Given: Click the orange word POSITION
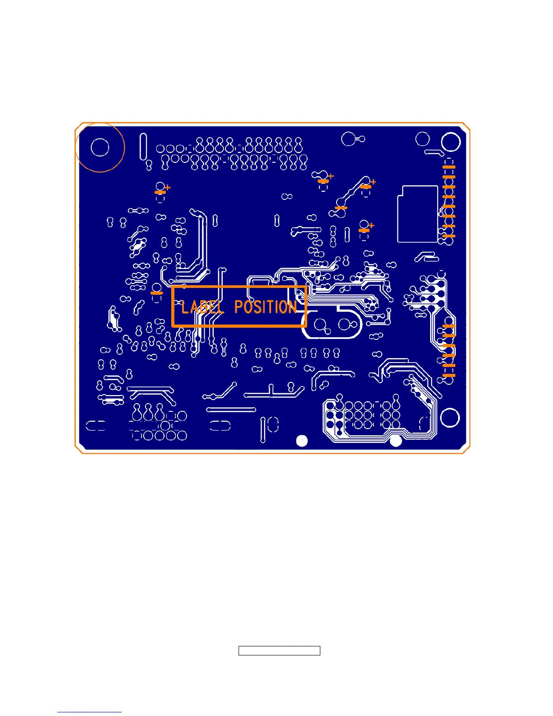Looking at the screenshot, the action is [266, 307].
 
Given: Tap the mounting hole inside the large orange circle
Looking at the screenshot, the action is [100, 147].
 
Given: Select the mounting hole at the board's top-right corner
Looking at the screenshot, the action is [450, 142].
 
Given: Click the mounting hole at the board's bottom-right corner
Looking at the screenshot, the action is [450, 418].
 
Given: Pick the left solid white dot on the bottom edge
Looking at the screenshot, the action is [301, 441].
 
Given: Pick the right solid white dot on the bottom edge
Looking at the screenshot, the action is [396, 441].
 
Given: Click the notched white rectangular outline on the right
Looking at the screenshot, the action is [418, 214].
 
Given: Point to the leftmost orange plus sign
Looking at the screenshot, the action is [168, 187].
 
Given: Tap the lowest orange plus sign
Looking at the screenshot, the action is [371, 225].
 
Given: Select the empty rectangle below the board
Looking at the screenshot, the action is [279, 651].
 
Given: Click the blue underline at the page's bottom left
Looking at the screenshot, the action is [89, 712].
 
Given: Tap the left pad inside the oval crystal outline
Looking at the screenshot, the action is [321, 324].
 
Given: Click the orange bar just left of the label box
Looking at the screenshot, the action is [157, 293].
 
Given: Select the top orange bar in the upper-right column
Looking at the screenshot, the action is [449, 167].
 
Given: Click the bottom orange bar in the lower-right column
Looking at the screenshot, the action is [449, 376].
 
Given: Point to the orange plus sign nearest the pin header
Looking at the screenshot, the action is [331, 176].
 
